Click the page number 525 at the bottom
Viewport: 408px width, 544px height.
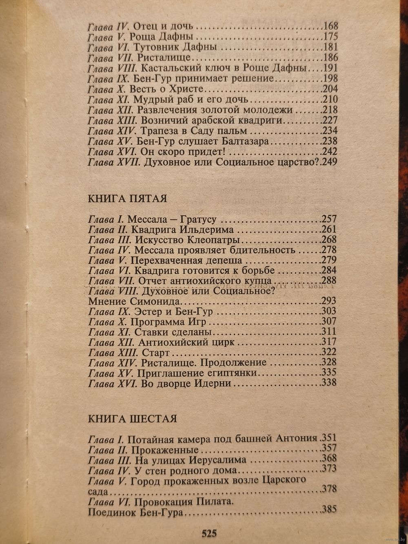point(208,533)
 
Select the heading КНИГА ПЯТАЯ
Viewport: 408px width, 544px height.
point(127,199)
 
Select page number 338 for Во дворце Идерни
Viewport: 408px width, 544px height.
point(329,383)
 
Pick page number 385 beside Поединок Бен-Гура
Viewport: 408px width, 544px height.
point(329,509)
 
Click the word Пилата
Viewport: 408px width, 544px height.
point(214,502)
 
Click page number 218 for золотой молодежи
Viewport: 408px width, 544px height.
point(329,110)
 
